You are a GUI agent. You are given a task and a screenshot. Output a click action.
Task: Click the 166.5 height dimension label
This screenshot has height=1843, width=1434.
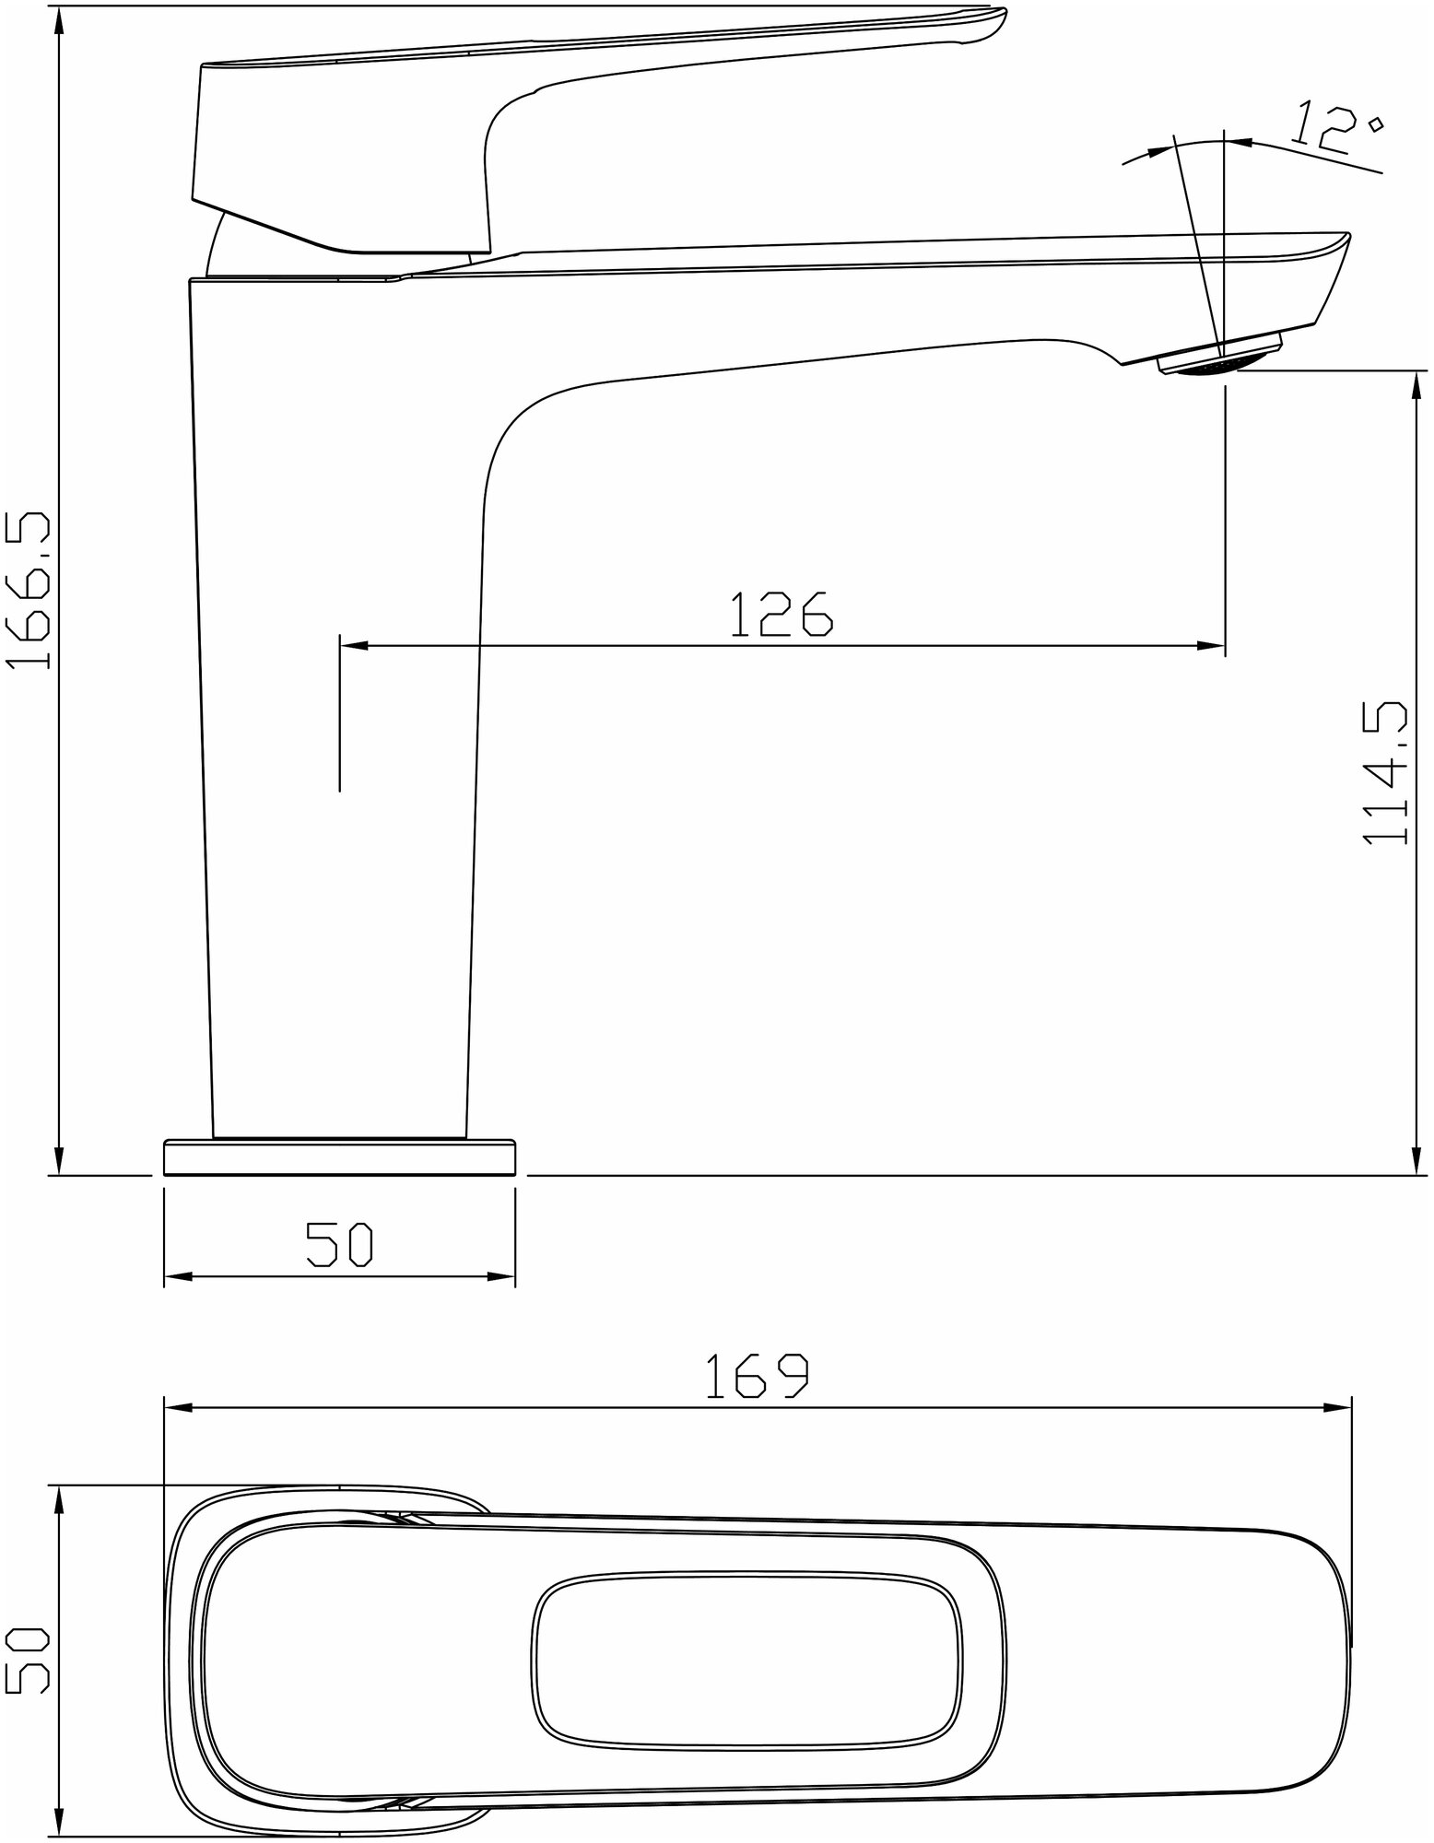pyautogui.click(x=28, y=592)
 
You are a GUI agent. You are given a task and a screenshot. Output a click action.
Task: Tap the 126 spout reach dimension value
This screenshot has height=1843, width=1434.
pyautogui.click(x=782, y=615)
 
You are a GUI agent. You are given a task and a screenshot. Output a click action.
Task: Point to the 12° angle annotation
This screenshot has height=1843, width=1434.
pyautogui.click(x=1337, y=128)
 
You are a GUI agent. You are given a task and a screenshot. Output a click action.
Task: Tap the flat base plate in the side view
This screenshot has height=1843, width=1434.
pyautogui.click(x=339, y=1157)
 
